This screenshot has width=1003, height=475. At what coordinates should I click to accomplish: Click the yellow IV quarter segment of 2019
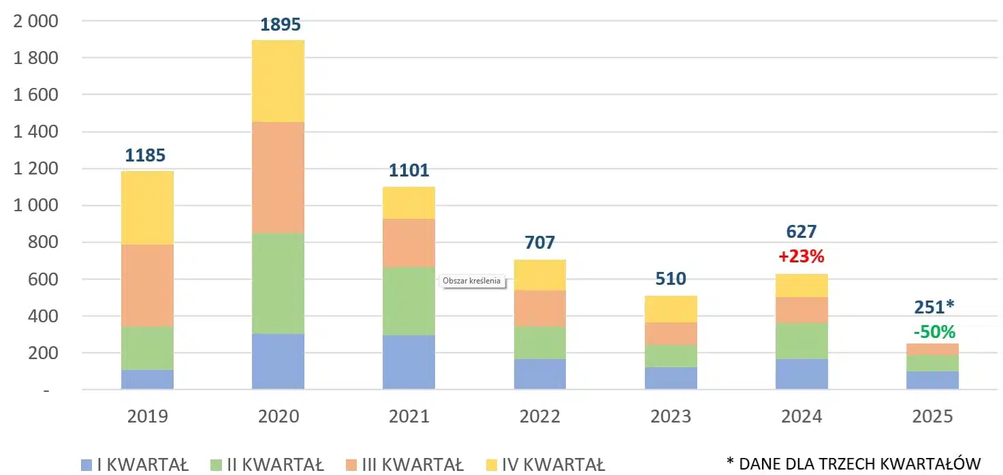(x=147, y=207)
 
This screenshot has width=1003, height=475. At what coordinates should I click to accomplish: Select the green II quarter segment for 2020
(x=278, y=283)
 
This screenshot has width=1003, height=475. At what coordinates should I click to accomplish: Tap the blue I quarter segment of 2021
(x=409, y=362)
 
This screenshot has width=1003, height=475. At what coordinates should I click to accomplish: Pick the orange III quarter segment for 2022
(x=540, y=308)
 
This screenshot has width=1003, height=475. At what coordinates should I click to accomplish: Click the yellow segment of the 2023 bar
(x=671, y=309)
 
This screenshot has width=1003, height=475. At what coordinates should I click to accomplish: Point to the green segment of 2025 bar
(x=933, y=363)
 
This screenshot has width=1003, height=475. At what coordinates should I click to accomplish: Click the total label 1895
(x=281, y=25)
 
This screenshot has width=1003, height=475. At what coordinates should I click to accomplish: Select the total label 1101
(x=409, y=170)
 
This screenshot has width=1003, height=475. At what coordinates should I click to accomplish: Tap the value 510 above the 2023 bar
(x=671, y=279)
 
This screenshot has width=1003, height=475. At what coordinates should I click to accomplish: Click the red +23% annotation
(x=801, y=256)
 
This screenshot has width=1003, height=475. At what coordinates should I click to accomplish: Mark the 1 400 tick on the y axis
(x=36, y=132)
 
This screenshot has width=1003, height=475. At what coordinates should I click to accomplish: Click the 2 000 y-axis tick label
(x=36, y=21)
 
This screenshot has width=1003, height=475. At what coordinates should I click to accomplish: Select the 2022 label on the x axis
(x=540, y=416)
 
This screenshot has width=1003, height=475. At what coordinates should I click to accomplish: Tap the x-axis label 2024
(x=801, y=416)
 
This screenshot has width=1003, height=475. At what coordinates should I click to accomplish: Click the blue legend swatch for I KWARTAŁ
(x=86, y=465)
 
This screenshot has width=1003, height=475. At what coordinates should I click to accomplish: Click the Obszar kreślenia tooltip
(x=472, y=280)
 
